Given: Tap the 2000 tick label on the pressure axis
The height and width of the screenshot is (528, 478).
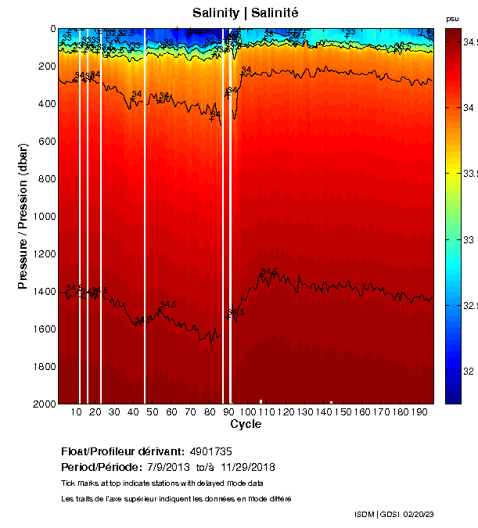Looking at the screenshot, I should [45, 404].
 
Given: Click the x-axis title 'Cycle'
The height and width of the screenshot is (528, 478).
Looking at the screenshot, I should [246, 424].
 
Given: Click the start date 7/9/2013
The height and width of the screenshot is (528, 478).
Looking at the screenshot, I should [180, 467].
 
